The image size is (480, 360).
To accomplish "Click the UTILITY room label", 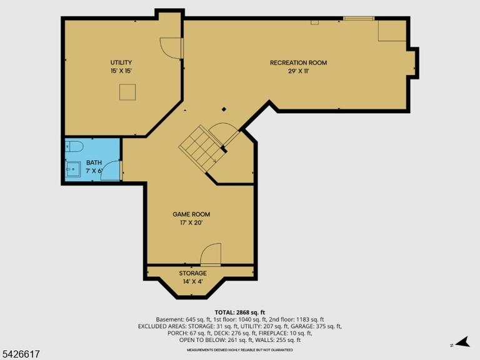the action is (x=121, y=62).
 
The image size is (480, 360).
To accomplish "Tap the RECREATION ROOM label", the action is (x=299, y=62).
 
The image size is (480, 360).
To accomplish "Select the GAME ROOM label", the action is (x=191, y=214).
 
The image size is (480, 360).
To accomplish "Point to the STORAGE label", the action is (x=193, y=273).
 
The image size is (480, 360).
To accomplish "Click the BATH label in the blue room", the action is (x=94, y=162).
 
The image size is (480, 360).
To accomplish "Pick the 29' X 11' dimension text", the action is (x=299, y=71).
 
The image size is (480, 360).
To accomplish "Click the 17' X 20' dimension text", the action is (x=191, y=223).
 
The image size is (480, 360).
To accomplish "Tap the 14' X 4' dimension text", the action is (x=193, y=282).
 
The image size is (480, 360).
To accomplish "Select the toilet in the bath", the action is (x=74, y=146).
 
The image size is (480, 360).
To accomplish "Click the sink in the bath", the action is (x=73, y=169).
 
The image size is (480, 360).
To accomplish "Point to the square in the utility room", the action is (x=127, y=92).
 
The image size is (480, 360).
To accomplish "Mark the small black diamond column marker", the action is (x=224, y=109).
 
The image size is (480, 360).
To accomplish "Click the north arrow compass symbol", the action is (x=463, y=342).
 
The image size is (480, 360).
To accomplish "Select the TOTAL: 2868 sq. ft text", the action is (x=240, y=312).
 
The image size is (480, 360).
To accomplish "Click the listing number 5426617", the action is (x=20, y=354).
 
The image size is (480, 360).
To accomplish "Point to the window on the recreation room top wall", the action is (x=359, y=18).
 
